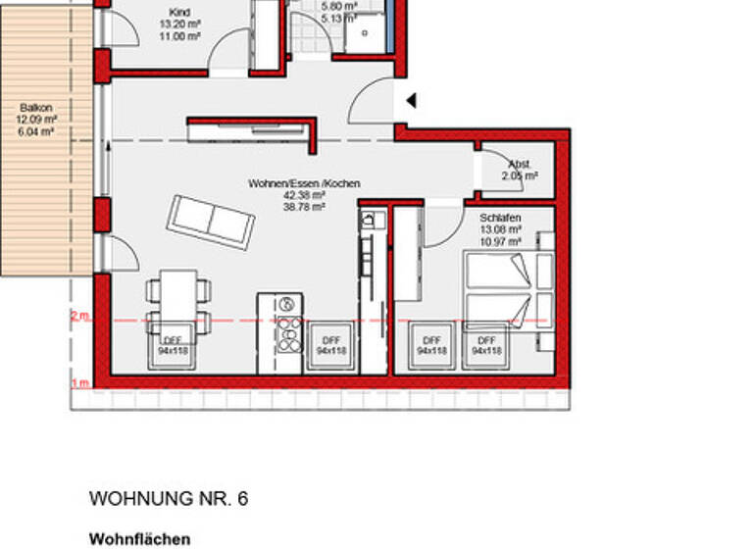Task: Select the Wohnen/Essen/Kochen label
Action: click(x=304, y=183)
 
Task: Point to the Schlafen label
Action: click(x=499, y=218)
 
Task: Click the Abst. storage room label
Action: click(x=519, y=164)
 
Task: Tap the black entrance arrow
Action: click(x=412, y=100)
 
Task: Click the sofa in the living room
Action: click(x=211, y=223)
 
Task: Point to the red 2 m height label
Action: click(x=79, y=316)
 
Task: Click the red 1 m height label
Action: click(x=79, y=382)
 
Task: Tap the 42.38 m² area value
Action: click(x=304, y=195)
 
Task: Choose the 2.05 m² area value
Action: click(x=519, y=176)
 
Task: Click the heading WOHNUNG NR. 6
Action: click(x=169, y=499)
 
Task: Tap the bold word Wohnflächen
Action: click(x=139, y=539)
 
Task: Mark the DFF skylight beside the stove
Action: click(x=330, y=345)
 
